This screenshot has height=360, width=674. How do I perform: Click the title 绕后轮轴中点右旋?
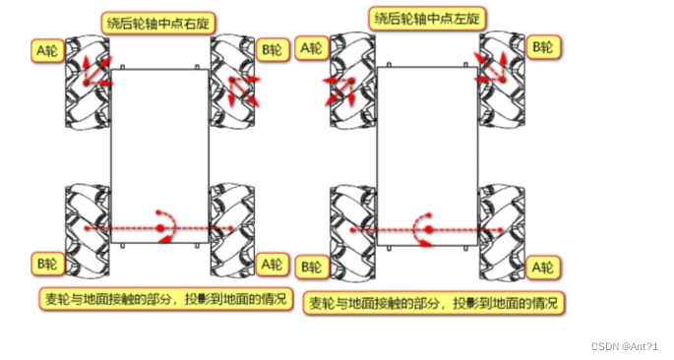162,21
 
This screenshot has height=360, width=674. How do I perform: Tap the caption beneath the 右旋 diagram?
165,298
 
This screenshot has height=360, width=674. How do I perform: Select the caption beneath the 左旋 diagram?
433,303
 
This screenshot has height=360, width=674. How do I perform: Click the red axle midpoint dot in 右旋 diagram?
159,229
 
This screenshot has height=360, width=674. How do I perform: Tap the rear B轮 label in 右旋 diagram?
46,264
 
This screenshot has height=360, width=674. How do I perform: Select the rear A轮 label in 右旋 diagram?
273,263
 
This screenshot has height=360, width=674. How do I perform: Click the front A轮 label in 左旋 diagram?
314,48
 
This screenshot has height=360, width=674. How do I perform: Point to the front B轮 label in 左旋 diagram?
544,45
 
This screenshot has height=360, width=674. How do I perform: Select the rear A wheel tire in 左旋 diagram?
500,229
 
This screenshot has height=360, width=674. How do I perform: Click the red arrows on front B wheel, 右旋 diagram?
243,87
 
